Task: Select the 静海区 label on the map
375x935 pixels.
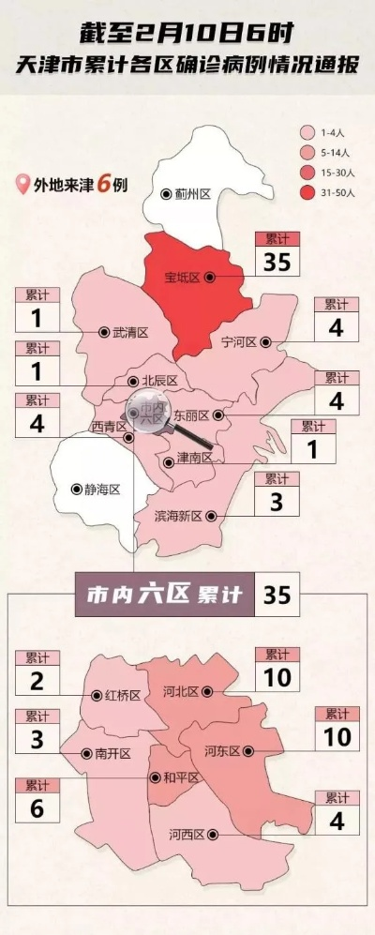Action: click(x=102, y=489)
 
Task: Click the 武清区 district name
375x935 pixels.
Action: click(x=130, y=332)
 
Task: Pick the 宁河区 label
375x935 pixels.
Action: click(x=239, y=342)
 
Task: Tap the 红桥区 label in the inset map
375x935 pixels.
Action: click(x=122, y=696)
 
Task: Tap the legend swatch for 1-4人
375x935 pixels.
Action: click(x=305, y=132)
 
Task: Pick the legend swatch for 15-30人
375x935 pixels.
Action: click(x=305, y=173)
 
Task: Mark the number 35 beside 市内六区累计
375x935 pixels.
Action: click(x=277, y=595)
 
